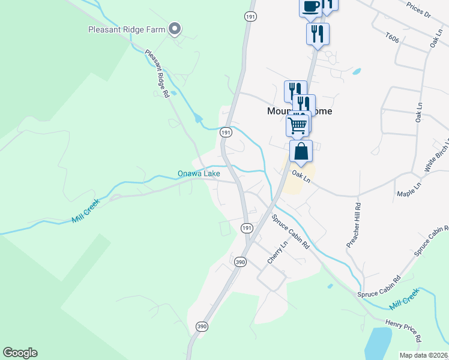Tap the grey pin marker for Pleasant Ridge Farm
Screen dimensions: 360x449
[175, 28]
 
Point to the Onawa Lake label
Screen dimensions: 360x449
[199, 174]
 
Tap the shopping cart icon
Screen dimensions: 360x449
[298, 125]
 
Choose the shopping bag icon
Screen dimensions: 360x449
[301, 151]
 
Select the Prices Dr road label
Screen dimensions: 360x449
[418, 7]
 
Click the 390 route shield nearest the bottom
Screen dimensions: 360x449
[202, 326]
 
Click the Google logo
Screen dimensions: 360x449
[20, 353]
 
